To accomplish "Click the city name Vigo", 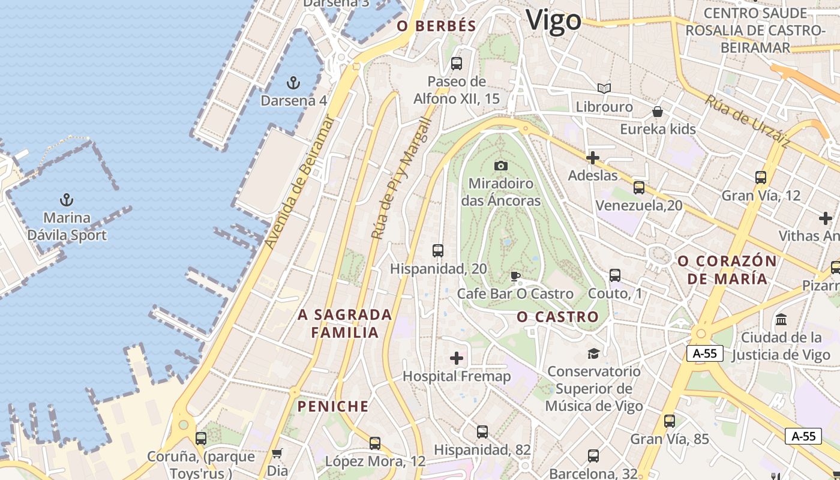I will click(x=553, y=20).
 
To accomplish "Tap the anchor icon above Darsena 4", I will click(x=293, y=83).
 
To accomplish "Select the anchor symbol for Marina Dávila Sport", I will click(x=67, y=200).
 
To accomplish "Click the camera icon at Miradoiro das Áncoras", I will click(x=501, y=166).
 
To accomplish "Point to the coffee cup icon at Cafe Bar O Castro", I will click(x=515, y=276).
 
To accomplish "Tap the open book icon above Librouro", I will click(x=604, y=89).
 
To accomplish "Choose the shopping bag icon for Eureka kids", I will click(x=658, y=112).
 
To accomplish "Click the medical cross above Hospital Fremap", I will click(x=457, y=358).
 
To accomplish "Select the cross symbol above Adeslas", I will click(x=593, y=158).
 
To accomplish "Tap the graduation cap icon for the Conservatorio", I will click(x=593, y=353).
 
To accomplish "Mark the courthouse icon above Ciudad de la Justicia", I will click(x=781, y=319).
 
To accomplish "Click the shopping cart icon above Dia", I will click(x=277, y=453).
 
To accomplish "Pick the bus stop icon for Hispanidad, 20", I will click(x=438, y=251).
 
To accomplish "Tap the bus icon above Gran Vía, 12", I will click(x=761, y=178).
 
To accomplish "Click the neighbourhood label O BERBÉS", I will click(x=437, y=26).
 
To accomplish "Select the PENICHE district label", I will click(x=333, y=406).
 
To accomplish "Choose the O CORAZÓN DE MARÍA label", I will click(x=727, y=270).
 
